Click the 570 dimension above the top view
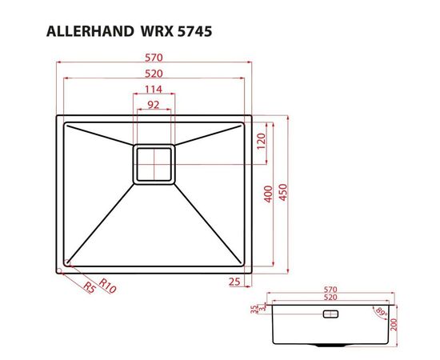coord(154,58)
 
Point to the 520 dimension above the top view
coord(154,74)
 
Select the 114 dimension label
coord(154,89)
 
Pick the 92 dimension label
coord(154,104)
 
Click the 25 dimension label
coord(234,281)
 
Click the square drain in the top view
coord(154,164)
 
